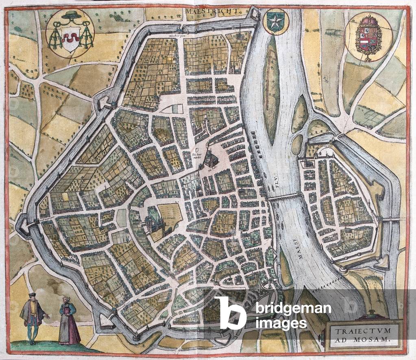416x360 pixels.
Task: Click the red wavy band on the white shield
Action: pyautogui.click(x=70, y=38)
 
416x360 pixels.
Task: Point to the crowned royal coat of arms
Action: pyautogui.click(x=368, y=36)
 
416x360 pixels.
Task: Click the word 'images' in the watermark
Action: pyautogui.click(x=281, y=323)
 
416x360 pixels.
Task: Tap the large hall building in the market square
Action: pyautogui.click(x=210, y=160)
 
